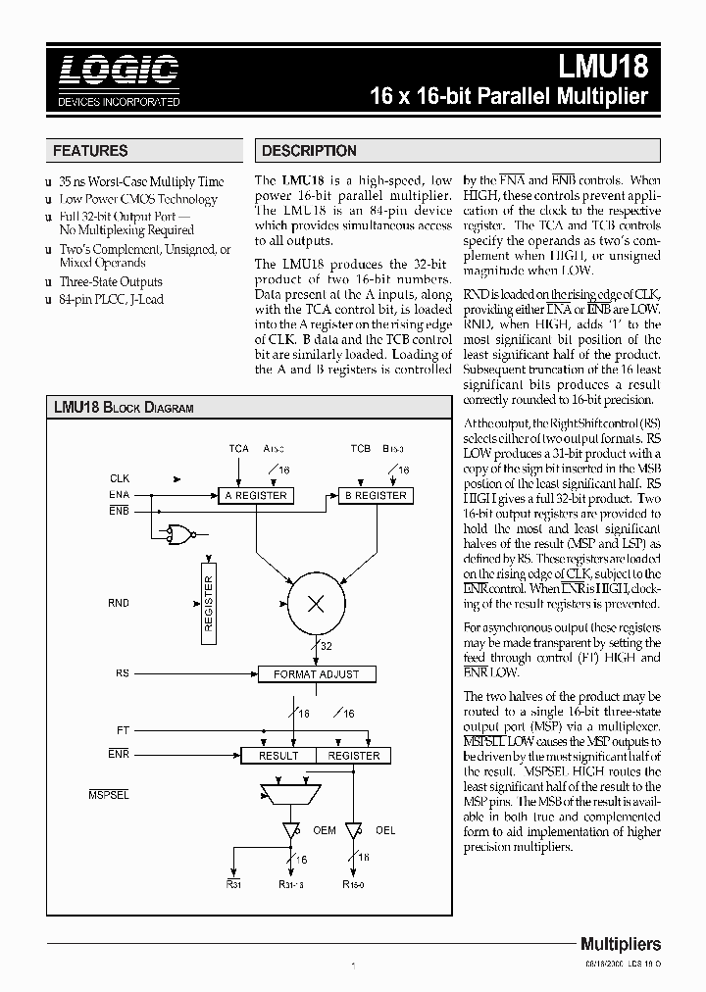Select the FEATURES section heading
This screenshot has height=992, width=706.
[x=90, y=151]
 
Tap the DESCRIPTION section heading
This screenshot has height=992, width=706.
[x=309, y=151]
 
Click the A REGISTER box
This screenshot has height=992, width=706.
[x=256, y=496]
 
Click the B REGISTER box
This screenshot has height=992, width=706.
[x=374, y=496]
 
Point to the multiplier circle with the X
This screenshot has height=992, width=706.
[x=316, y=604]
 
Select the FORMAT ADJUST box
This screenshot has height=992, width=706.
[x=316, y=674]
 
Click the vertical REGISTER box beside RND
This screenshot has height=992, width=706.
[x=208, y=603]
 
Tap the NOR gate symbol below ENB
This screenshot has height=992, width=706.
[x=180, y=534]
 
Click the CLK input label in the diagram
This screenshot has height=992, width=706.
[x=119, y=478]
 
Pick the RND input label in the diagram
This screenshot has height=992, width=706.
[x=119, y=604]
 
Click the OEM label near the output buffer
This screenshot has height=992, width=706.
[x=324, y=830]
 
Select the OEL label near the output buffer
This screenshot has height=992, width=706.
[x=385, y=830]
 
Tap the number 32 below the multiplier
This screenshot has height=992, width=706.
[x=326, y=647]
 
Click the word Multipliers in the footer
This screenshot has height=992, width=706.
[x=620, y=944]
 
